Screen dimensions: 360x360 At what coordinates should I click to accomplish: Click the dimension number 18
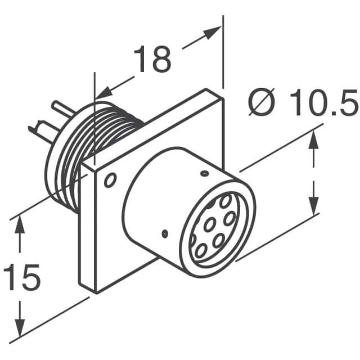[152, 59]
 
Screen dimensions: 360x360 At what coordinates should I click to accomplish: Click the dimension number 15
[22, 277]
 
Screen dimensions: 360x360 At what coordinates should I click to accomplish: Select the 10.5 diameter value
[323, 102]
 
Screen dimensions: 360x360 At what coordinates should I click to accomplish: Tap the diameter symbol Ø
[262, 102]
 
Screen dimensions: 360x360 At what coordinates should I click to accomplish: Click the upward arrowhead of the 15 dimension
[20, 224]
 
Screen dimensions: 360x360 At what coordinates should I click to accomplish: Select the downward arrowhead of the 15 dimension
[20, 327]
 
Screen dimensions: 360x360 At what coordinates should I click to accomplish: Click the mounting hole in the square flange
[110, 180]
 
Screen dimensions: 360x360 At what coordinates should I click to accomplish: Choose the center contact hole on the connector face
[209, 224]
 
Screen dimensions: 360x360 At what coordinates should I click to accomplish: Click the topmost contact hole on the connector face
[225, 201]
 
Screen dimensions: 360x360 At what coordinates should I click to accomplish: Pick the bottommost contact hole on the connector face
[201, 251]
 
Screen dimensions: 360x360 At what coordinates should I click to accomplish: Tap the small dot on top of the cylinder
[204, 174]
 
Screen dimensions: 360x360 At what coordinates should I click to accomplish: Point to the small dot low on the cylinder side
[165, 234]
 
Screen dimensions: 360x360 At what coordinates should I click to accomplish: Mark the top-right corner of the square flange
[223, 98]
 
